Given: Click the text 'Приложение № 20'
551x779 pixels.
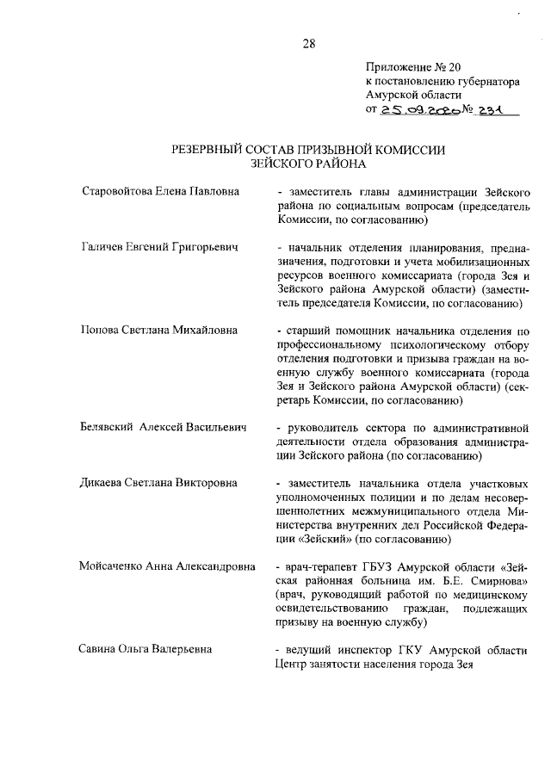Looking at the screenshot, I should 407,66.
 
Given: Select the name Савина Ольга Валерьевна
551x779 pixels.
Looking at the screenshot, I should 145,649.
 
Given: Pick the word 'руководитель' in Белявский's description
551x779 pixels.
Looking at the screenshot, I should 321,428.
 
